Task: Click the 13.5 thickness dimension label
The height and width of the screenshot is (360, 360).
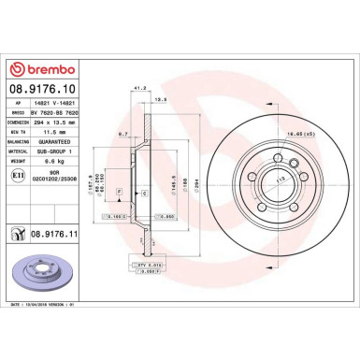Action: [x=160, y=98]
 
